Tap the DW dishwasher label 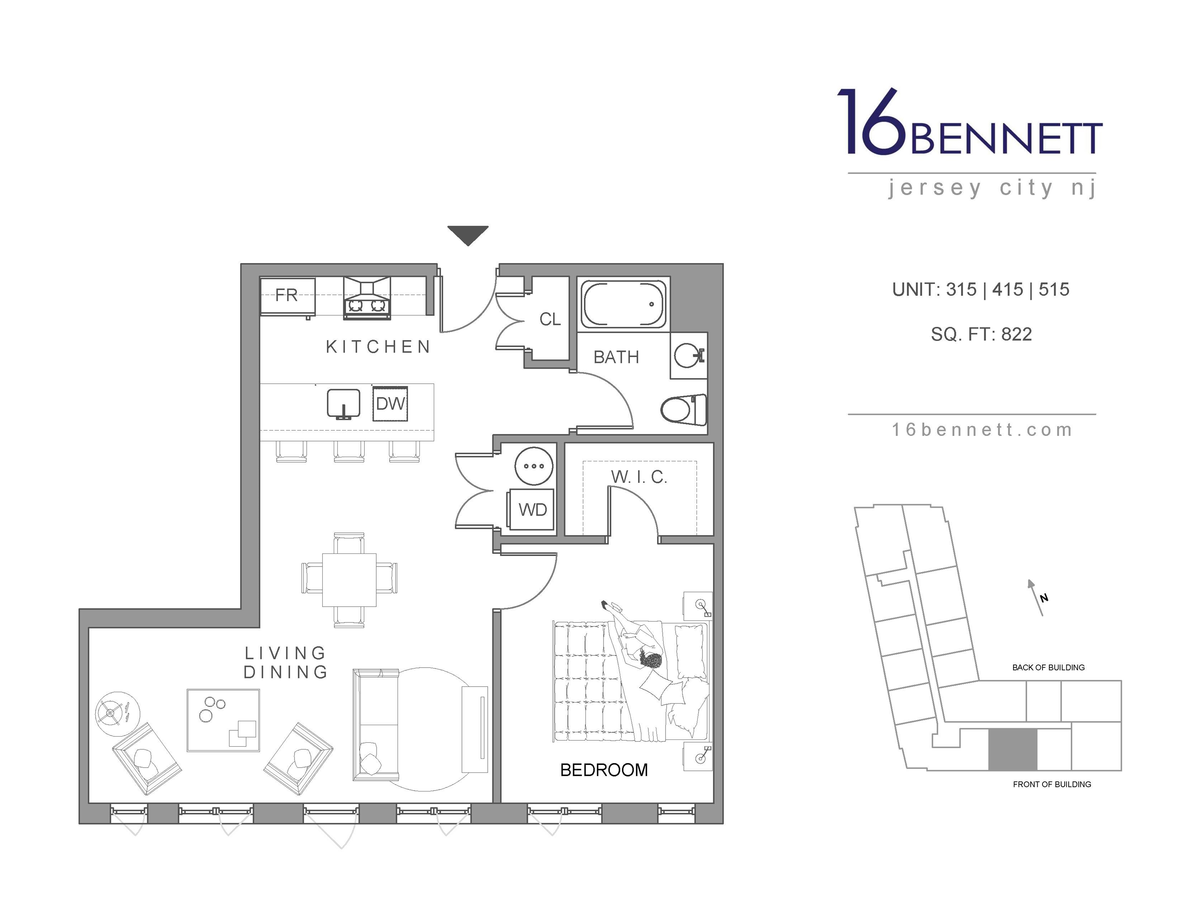pos(390,403)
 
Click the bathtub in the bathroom pos(623,304)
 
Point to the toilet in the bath pos(684,410)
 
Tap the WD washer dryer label pos(533,509)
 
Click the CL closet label pos(550,319)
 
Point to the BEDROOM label pos(604,770)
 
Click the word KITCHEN pos(378,347)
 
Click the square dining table pos(349,580)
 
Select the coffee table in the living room pos(223,720)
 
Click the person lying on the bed pos(637,644)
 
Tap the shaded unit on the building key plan pos(1012,749)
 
